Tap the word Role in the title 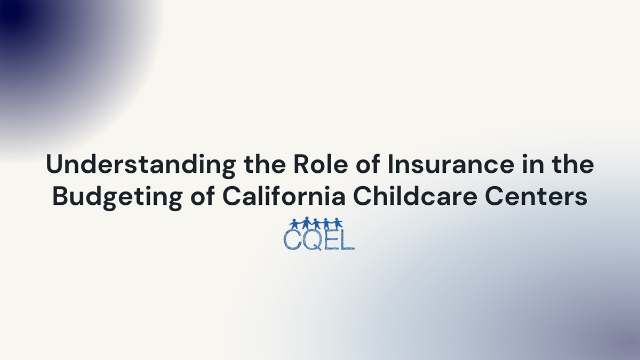point(307,166)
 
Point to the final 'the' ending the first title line point(573,166)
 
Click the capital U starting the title point(54,166)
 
